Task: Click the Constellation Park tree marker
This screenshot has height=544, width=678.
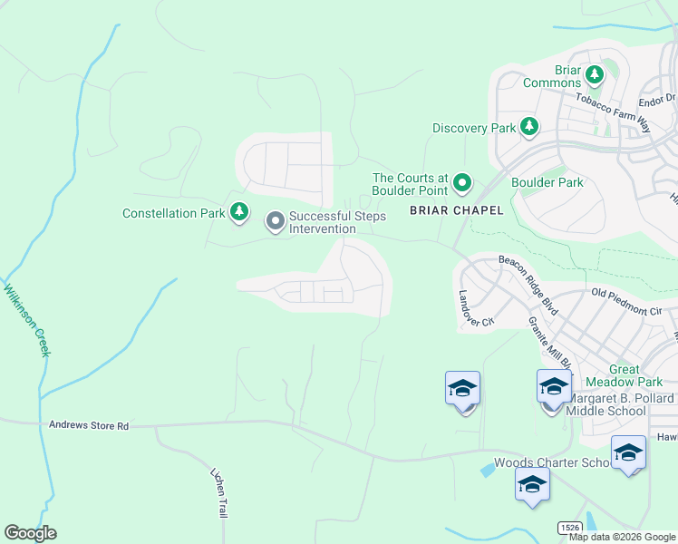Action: [x=238, y=212]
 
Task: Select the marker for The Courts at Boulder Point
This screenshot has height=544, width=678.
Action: [x=462, y=184]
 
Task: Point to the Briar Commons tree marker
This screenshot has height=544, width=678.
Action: [x=595, y=75]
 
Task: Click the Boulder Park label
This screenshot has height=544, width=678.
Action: [x=547, y=182]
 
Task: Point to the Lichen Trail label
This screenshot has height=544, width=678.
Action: [x=218, y=493]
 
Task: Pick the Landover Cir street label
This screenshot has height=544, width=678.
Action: [x=475, y=308]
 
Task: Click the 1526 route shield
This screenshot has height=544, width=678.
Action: [x=569, y=527]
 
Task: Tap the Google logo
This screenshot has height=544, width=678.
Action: [x=30, y=533]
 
